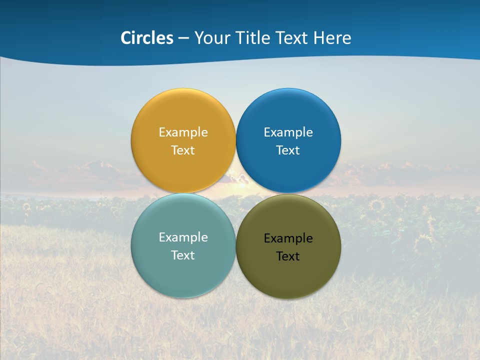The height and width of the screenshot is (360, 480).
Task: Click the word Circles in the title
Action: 146,38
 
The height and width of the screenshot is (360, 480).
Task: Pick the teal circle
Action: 183,272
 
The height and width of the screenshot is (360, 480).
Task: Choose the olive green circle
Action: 288,275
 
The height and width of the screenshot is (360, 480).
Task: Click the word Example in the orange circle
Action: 183,132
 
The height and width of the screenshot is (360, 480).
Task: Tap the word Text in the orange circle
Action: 183,150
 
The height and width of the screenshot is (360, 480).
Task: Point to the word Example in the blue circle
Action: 288,132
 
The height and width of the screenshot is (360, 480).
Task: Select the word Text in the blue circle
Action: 288,150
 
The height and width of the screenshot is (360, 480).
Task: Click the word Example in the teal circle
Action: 183,237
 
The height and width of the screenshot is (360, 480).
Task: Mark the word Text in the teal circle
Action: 183,255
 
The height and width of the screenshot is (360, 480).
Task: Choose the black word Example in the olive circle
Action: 288,238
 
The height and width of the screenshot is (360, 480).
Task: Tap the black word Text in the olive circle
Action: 288,256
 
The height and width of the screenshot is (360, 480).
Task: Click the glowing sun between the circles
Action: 236,188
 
